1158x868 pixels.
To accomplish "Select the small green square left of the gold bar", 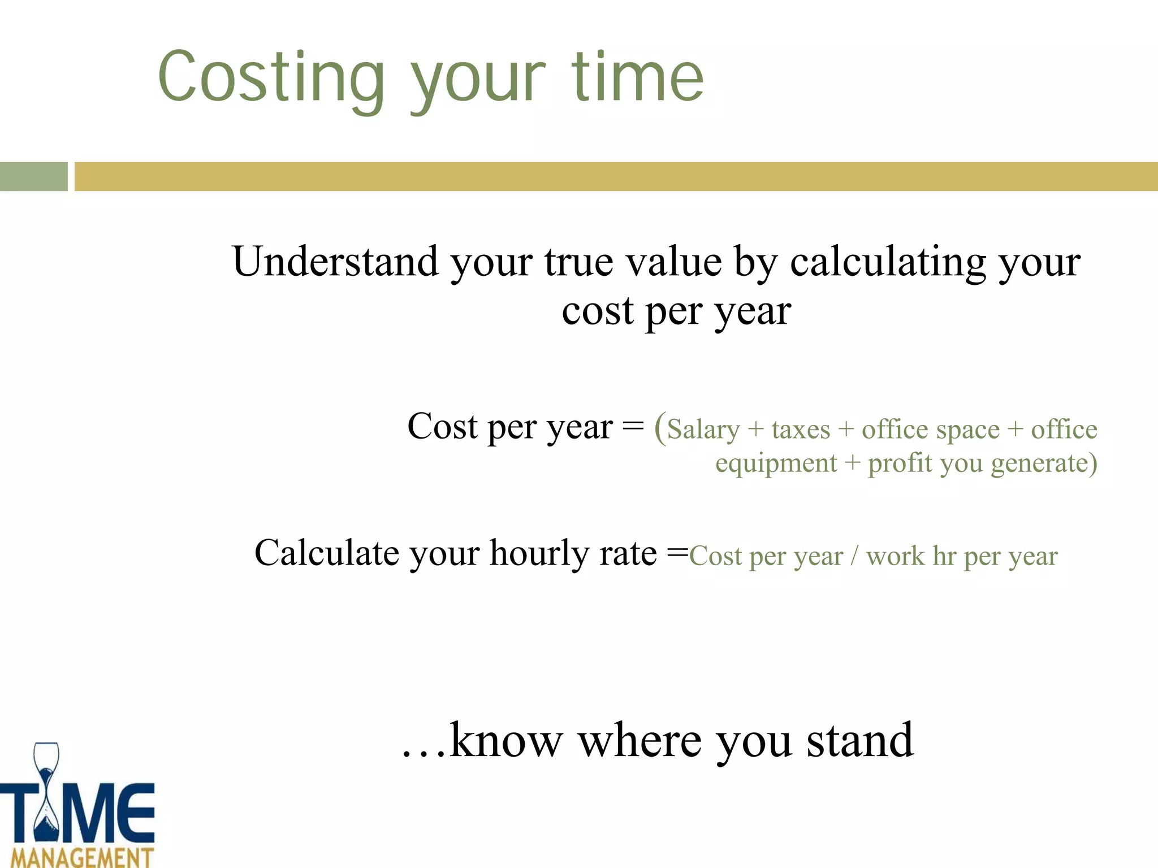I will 33,176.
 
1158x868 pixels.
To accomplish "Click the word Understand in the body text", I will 335,262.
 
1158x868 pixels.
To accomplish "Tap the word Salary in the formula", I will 703,429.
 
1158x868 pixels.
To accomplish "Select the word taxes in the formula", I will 801,429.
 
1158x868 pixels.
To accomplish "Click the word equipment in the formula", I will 776,463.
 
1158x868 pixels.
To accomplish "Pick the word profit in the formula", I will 900,463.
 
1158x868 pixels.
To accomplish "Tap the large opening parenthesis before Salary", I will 659,427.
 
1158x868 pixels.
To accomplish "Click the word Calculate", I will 327,553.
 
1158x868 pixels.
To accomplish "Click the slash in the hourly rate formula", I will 854,557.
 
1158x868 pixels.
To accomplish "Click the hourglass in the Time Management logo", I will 46,791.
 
